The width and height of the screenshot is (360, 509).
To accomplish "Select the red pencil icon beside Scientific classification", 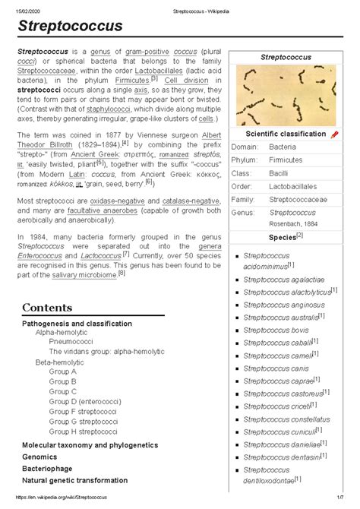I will pos(335,134).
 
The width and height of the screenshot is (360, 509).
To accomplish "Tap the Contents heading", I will pos(47,308).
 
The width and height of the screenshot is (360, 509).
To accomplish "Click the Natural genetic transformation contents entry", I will pos(82,481).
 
